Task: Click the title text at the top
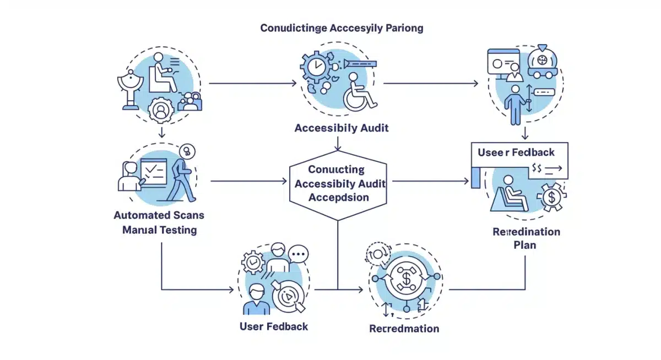coord(342,28)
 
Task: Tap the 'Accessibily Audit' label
coord(342,128)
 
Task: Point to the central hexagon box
coord(338,183)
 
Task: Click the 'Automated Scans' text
coord(159,215)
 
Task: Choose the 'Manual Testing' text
coord(159,230)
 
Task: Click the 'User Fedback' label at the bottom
coord(274,326)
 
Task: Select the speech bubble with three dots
coord(298,254)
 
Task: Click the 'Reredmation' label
coord(404,329)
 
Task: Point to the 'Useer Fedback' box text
coord(516,152)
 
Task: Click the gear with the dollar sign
coord(550,197)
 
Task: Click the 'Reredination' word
coord(526,231)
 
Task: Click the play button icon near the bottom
coord(286,295)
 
